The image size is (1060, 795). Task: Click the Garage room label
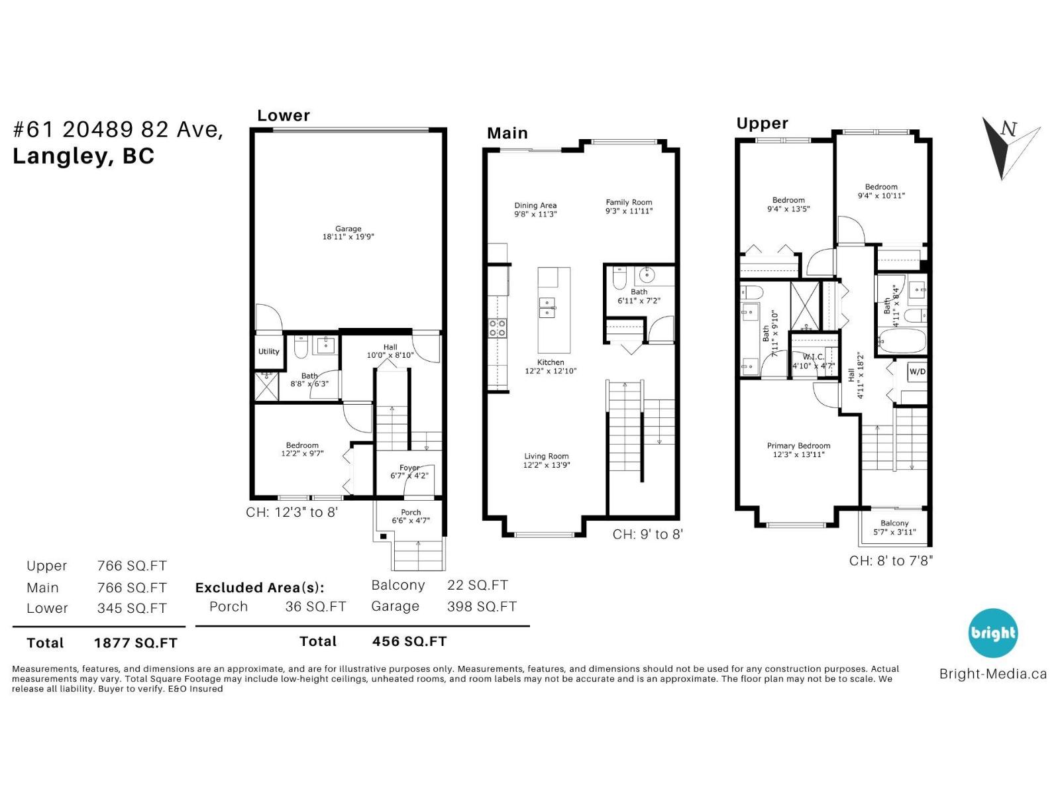point(348,233)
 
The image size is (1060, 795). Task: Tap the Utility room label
point(268,352)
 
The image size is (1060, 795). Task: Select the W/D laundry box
point(917,372)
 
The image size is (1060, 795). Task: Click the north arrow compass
point(1008,147)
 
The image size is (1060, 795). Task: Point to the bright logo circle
point(992,633)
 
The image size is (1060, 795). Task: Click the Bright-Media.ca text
point(992,674)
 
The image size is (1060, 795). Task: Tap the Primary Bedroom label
point(798,450)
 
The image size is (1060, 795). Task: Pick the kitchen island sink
point(547,307)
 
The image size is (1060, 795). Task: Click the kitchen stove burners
point(497,327)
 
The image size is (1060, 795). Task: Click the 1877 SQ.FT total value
point(136,643)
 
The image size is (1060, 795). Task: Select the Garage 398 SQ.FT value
point(482,606)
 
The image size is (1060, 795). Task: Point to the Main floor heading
point(507,133)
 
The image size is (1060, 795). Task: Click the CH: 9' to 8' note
point(647,535)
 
